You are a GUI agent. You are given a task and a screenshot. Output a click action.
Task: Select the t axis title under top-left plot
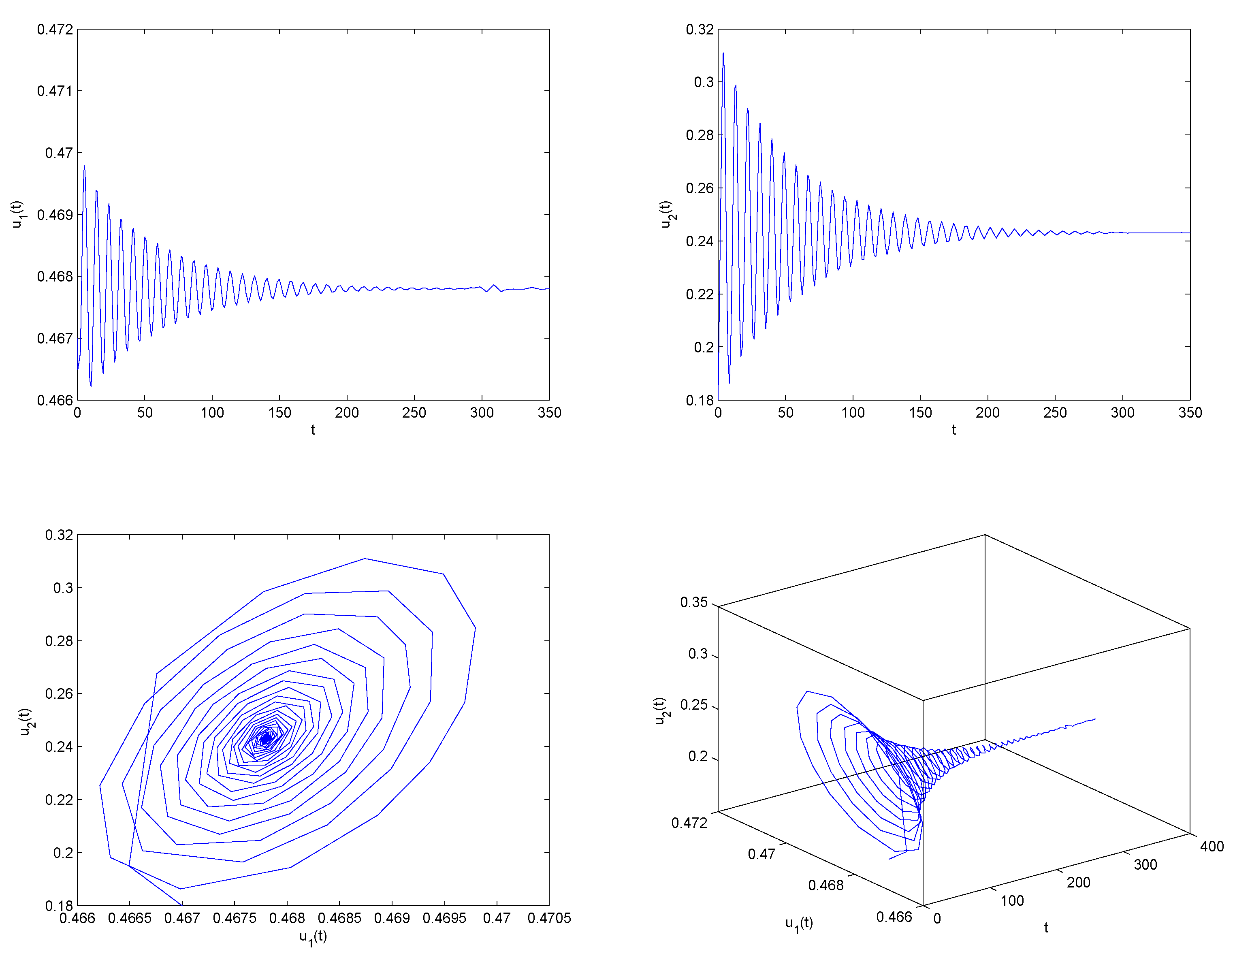pos(313,430)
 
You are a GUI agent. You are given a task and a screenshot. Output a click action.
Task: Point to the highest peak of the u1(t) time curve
pos(84,166)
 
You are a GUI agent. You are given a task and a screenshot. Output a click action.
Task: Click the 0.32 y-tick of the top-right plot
pos(700,30)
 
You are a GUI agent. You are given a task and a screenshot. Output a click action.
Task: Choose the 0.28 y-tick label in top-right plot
pos(700,135)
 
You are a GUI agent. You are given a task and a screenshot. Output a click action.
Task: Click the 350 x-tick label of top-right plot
pos(1190,413)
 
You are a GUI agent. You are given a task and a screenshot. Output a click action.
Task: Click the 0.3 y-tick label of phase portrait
pos(63,588)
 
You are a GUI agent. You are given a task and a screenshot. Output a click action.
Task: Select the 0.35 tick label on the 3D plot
pos(694,602)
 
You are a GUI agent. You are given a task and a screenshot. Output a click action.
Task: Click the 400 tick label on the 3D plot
pos(1212,847)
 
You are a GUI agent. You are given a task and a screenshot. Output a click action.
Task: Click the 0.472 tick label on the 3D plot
pos(689,823)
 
